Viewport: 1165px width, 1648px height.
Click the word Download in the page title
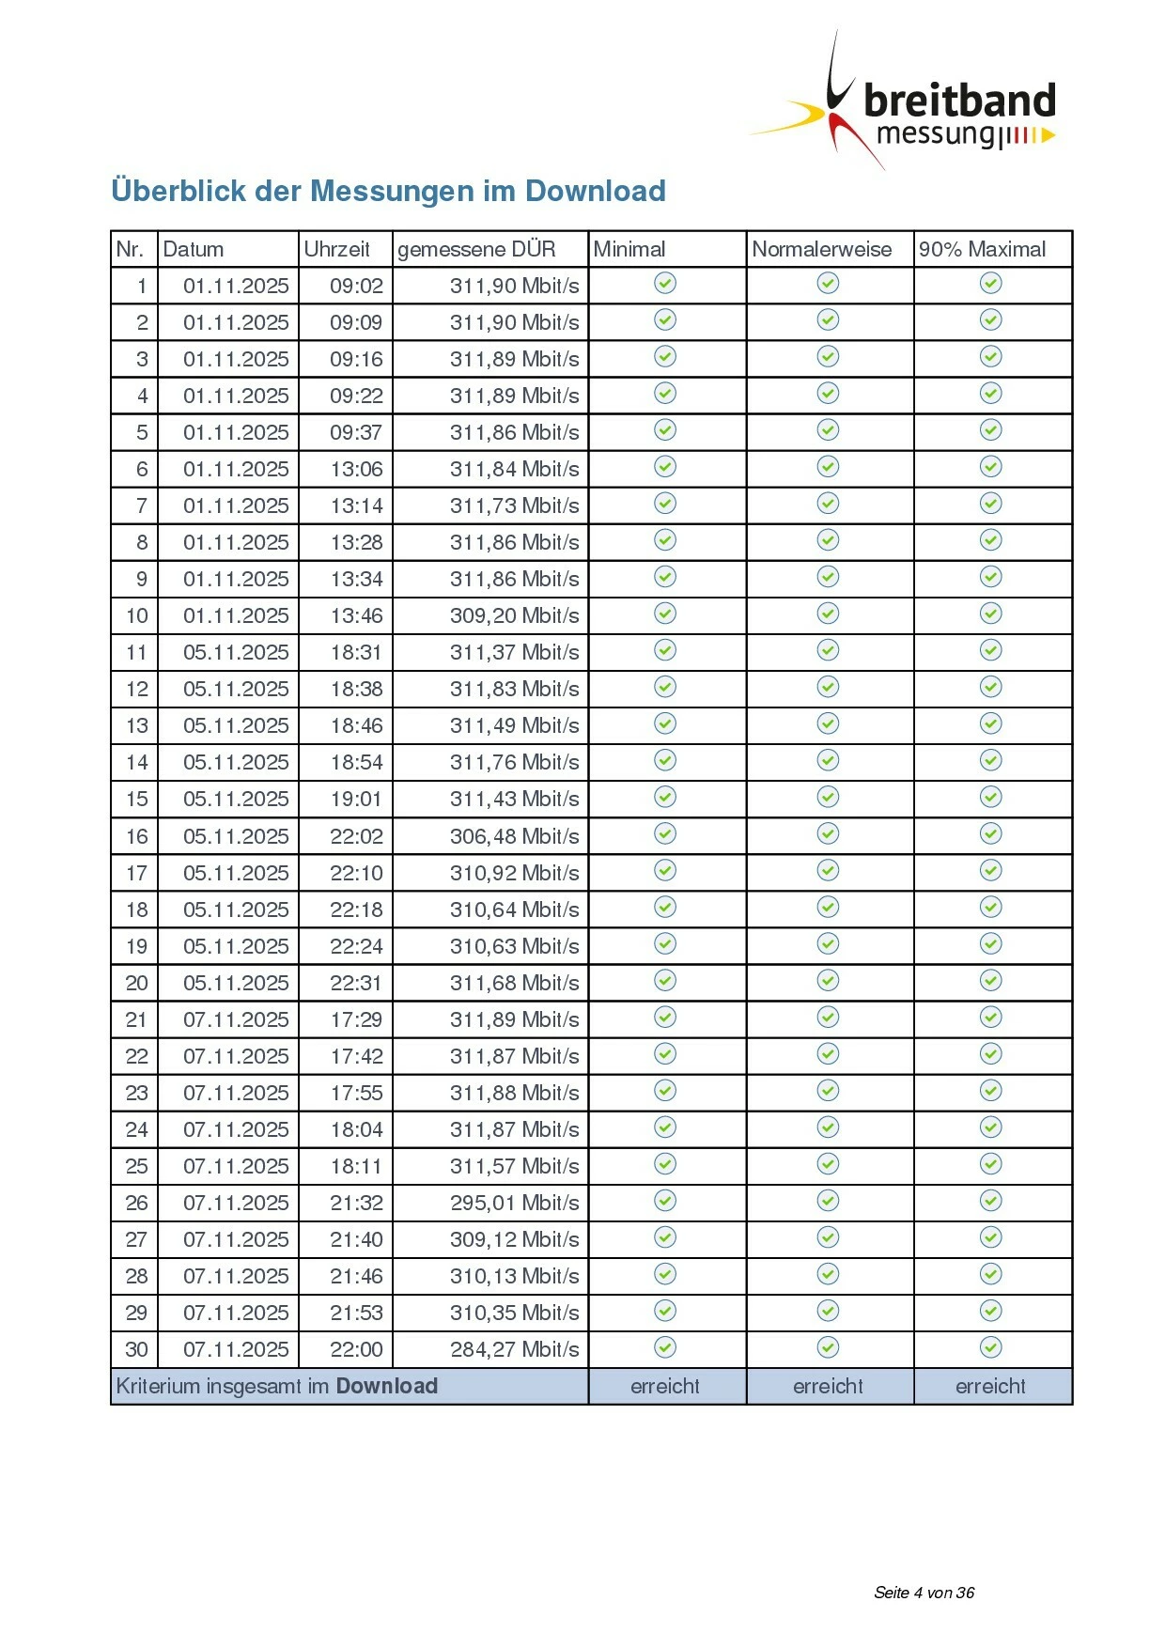pyautogui.click(x=595, y=191)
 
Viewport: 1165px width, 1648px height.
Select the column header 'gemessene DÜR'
pyautogui.click(x=476, y=249)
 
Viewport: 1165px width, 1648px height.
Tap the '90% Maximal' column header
pyautogui.click(x=982, y=249)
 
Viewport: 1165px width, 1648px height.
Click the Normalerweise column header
pyautogui.click(x=821, y=249)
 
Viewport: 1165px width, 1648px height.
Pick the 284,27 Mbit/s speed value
pyautogui.click(x=514, y=1349)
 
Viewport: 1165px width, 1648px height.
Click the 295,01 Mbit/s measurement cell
pyautogui.click(x=514, y=1203)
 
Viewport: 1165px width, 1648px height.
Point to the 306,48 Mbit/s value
pyautogui.click(x=514, y=836)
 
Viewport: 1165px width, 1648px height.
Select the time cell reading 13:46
pyautogui.click(x=356, y=615)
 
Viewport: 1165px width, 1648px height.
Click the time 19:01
pyautogui.click(x=356, y=799)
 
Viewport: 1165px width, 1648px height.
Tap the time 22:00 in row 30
pyautogui.click(x=356, y=1349)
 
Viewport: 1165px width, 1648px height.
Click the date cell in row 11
pyautogui.click(x=236, y=652)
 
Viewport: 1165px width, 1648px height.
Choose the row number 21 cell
pyautogui.click(x=136, y=1019)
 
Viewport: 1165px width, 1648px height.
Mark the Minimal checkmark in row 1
pyautogui.click(x=665, y=283)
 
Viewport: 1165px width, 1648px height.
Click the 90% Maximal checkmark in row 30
pyautogui.click(x=991, y=1347)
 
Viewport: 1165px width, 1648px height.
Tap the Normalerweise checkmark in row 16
pyautogui.click(x=828, y=833)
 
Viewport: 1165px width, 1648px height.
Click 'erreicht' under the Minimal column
pyautogui.click(x=665, y=1386)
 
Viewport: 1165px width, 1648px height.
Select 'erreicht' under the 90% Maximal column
pyautogui.click(x=990, y=1386)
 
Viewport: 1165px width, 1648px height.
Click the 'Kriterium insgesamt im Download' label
pyautogui.click(x=277, y=1386)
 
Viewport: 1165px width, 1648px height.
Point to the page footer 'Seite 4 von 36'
pyautogui.click(x=924, y=1593)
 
